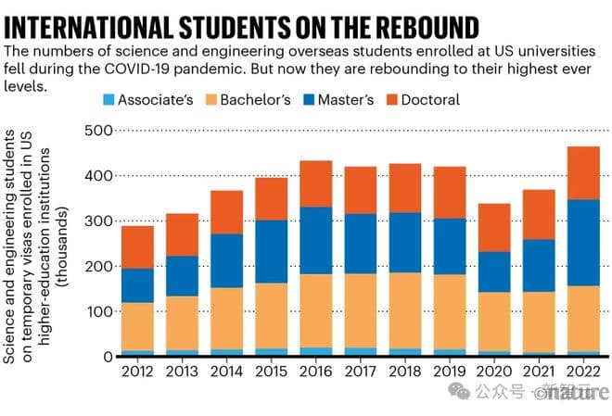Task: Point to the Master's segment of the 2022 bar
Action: pyautogui.click(x=583, y=243)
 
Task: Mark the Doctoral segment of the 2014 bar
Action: pyautogui.click(x=226, y=212)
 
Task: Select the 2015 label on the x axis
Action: pyautogui.click(x=271, y=372)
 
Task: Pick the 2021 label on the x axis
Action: pyautogui.click(x=538, y=372)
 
